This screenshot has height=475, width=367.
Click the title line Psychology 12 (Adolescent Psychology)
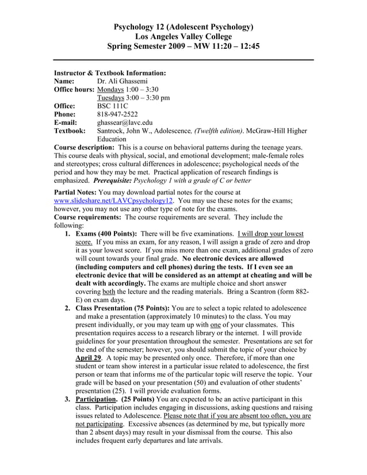(x=183, y=26)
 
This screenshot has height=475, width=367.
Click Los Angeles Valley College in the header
(x=183, y=36)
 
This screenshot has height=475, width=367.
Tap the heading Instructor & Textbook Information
(x=110, y=74)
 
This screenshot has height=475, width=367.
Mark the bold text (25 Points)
(x=136, y=399)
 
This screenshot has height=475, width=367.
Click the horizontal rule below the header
(x=183, y=60)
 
